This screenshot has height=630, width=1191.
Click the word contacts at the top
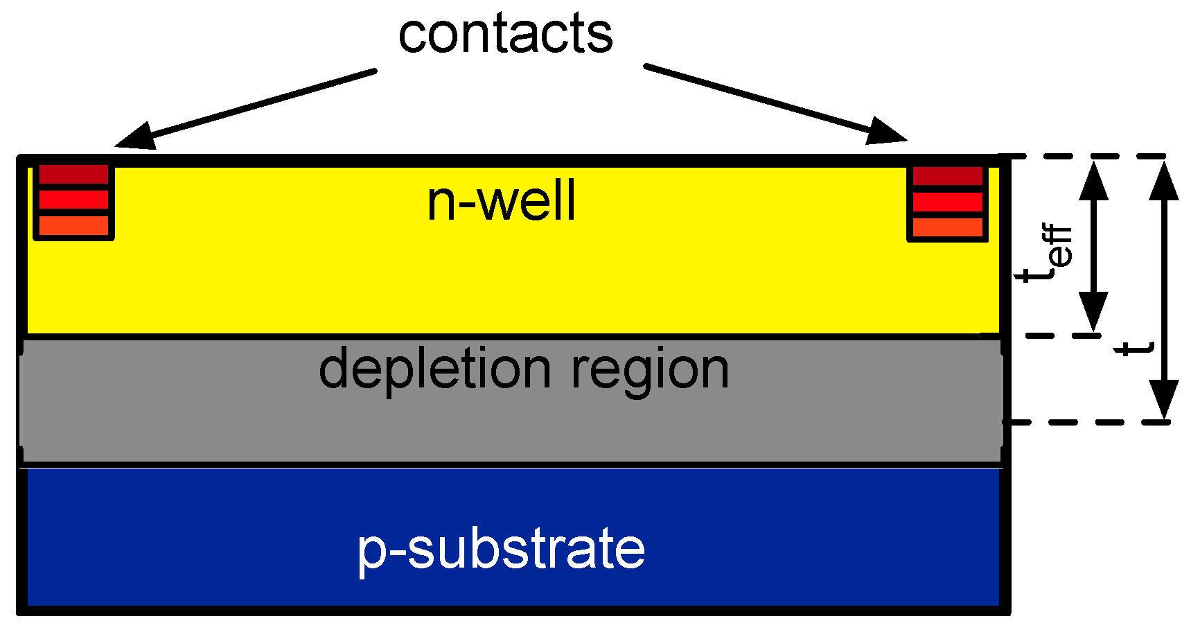point(506,35)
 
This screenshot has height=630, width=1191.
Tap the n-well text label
point(501,201)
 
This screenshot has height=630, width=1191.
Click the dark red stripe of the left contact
point(73,174)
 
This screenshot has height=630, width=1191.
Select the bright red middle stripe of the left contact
point(73,200)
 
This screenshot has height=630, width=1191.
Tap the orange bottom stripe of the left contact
point(73,225)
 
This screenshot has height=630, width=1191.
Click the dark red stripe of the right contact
point(948,176)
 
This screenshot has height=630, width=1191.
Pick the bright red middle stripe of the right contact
point(948,202)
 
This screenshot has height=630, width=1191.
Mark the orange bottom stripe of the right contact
point(948,227)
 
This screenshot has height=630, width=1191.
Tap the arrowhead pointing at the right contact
point(887,131)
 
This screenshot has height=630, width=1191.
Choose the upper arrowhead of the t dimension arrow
point(1165,180)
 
